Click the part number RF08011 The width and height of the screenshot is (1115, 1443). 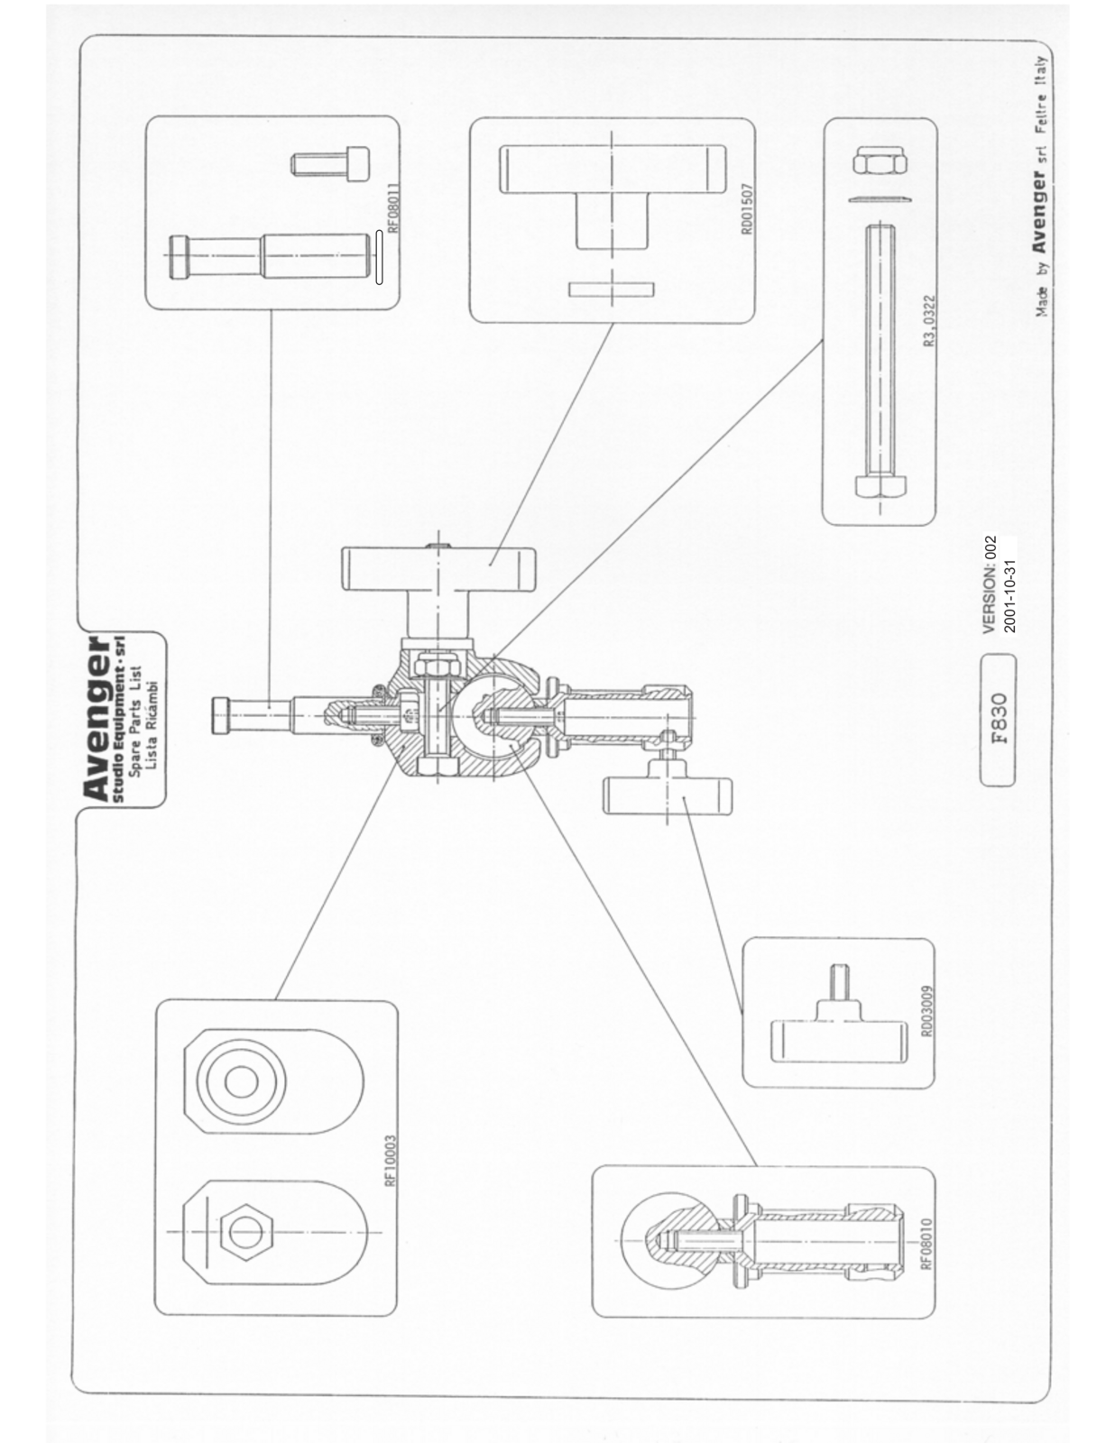coord(393,207)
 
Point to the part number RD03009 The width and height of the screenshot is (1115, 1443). coord(927,1011)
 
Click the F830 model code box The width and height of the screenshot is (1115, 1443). coord(998,720)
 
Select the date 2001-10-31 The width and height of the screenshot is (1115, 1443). coord(1009,595)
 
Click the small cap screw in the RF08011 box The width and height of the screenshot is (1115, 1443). coord(330,163)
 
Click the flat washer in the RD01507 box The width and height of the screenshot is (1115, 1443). coord(612,289)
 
